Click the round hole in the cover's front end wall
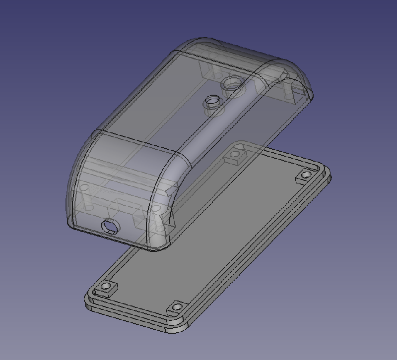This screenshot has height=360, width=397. [x=110, y=227]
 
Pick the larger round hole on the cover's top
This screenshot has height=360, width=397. [x=232, y=83]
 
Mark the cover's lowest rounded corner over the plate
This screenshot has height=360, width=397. [x=159, y=245]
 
